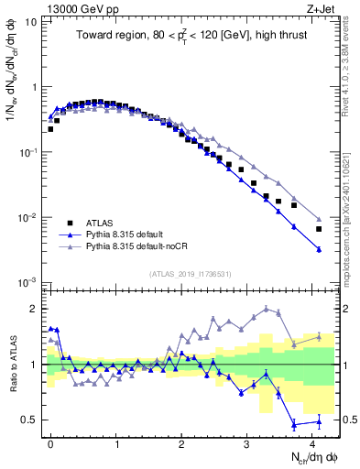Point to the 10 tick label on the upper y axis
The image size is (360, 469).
click(30, 22)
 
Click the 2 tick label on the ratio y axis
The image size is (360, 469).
click(34, 308)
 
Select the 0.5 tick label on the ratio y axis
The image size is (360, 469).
click(30, 420)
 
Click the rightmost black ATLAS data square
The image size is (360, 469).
click(319, 229)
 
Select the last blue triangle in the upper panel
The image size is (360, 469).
click(319, 249)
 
